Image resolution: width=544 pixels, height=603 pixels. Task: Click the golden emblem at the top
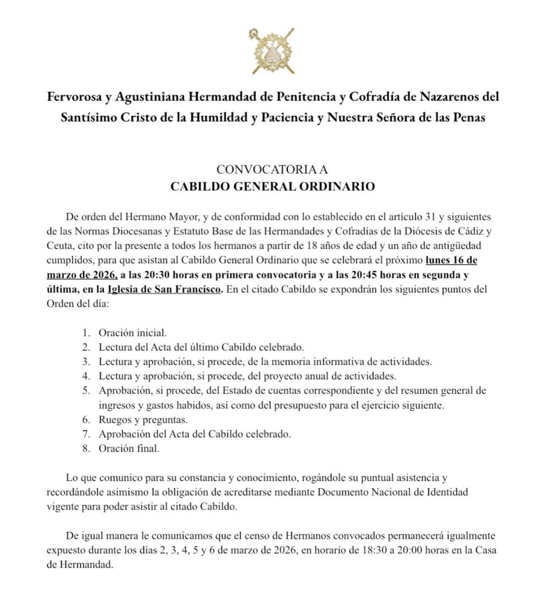(x=271, y=51)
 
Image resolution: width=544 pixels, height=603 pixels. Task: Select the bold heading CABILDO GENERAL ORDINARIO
(x=272, y=187)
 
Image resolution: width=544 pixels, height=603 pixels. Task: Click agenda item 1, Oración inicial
(x=128, y=332)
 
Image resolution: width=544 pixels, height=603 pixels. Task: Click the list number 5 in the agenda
(x=85, y=391)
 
